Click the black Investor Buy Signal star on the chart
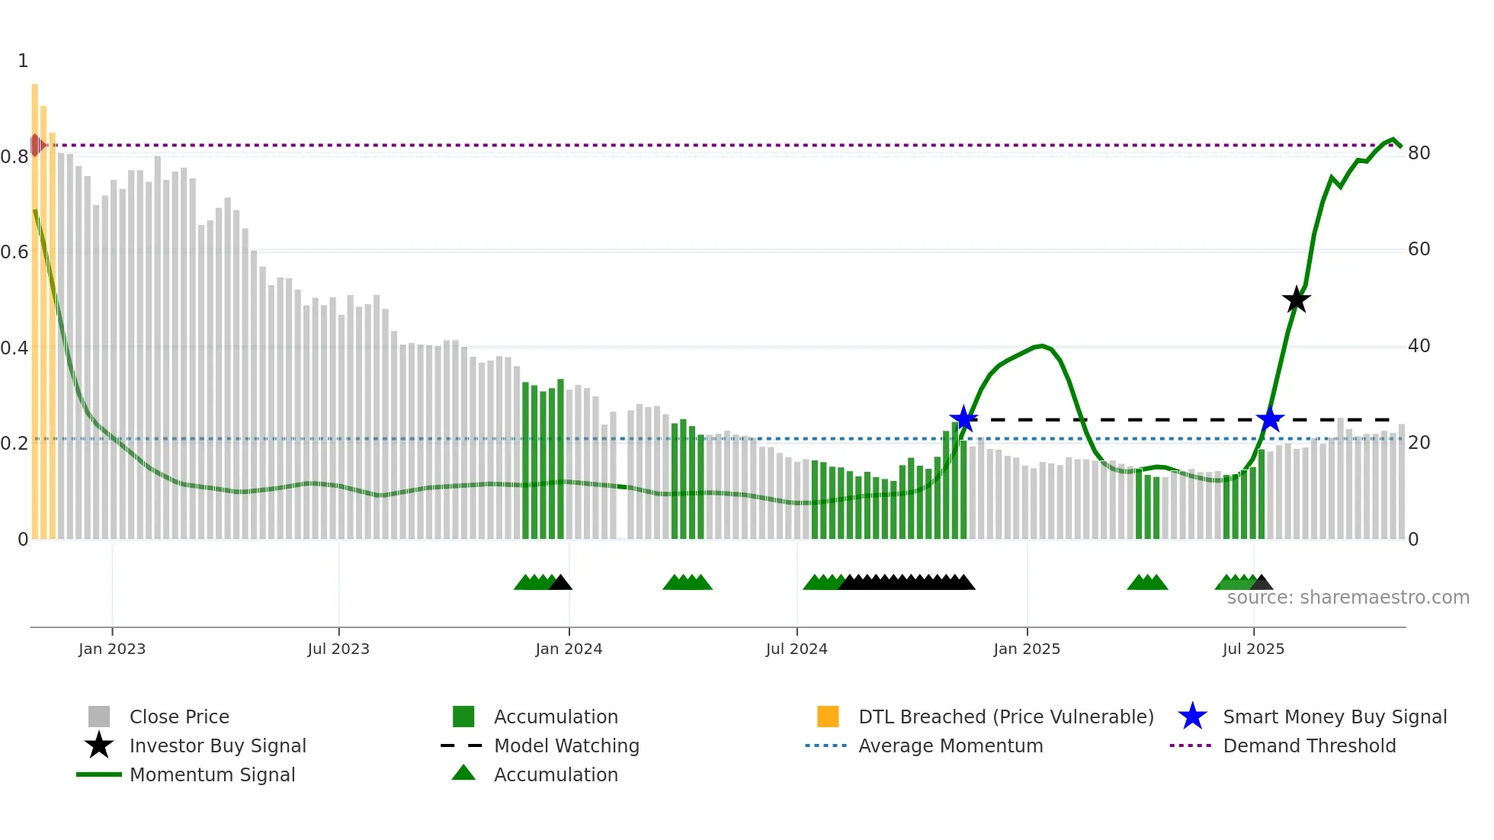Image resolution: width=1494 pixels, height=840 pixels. coord(1296,300)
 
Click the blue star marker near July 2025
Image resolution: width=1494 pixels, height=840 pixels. coord(1270,419)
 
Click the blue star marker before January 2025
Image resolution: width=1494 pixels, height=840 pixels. coord(963,419)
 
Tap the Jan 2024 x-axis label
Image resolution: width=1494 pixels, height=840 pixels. coord(569,649)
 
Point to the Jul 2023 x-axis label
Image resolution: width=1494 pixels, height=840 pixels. coord(338,649)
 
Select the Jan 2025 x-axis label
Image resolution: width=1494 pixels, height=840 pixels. coord(1027,649)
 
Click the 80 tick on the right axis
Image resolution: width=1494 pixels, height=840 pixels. coord(1419,153)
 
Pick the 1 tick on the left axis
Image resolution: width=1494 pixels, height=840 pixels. coord(23,61)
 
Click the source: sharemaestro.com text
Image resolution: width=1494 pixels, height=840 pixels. coord(1348,598)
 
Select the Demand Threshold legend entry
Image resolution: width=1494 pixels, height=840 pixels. coord(1309,745)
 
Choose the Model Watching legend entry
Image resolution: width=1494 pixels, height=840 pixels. coord(566,745)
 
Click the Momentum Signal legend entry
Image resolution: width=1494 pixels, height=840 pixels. coord(212,774)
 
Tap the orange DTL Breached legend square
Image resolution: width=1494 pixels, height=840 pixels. coord(828,717)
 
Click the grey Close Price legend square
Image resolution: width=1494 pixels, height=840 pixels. coord(99,717)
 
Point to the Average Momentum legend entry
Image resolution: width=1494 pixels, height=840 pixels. coord(950,745)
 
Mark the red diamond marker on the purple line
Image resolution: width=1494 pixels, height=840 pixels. coord(36,145)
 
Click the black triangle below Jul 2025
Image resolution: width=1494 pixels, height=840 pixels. coord(1262,583)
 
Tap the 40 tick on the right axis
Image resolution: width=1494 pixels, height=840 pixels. coord(1419,346)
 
